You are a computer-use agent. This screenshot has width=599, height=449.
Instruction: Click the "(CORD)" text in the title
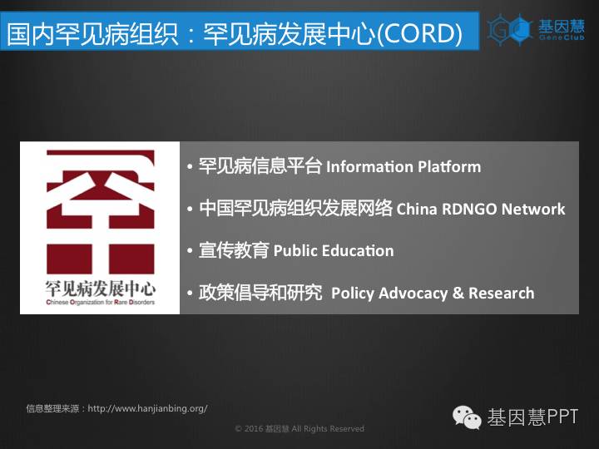[419, 32]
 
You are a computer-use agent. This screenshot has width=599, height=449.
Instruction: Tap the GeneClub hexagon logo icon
[510, 29]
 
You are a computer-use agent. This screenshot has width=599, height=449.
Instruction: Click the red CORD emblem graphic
[101, 211]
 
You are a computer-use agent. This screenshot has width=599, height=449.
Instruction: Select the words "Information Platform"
[403, 167]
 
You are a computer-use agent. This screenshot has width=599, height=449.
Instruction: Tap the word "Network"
[533, 209]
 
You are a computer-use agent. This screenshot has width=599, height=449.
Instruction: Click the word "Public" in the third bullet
[295, 251]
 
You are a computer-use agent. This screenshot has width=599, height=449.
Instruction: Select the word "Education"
[358, 251]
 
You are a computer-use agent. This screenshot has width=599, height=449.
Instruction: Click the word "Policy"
[353, 294]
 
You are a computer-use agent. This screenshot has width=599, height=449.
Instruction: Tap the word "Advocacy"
[413, 294]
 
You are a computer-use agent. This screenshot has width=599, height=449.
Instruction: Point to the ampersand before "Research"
[458, 294]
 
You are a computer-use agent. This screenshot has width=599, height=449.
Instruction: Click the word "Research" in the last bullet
[501, 294]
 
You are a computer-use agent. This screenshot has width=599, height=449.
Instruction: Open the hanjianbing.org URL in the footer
[147, 408]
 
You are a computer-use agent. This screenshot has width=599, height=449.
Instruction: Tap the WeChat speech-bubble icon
[467, 417]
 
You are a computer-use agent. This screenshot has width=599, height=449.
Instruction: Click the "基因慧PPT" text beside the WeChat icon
[532, 417]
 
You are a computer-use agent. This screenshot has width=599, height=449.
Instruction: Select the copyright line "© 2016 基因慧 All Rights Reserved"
[299, 429]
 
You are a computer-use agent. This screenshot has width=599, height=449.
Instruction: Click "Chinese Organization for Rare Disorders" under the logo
[101, 303]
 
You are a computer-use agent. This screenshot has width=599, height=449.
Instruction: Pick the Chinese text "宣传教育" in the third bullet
[234, 250]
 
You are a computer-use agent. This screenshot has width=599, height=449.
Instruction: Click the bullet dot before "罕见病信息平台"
[190, 167]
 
